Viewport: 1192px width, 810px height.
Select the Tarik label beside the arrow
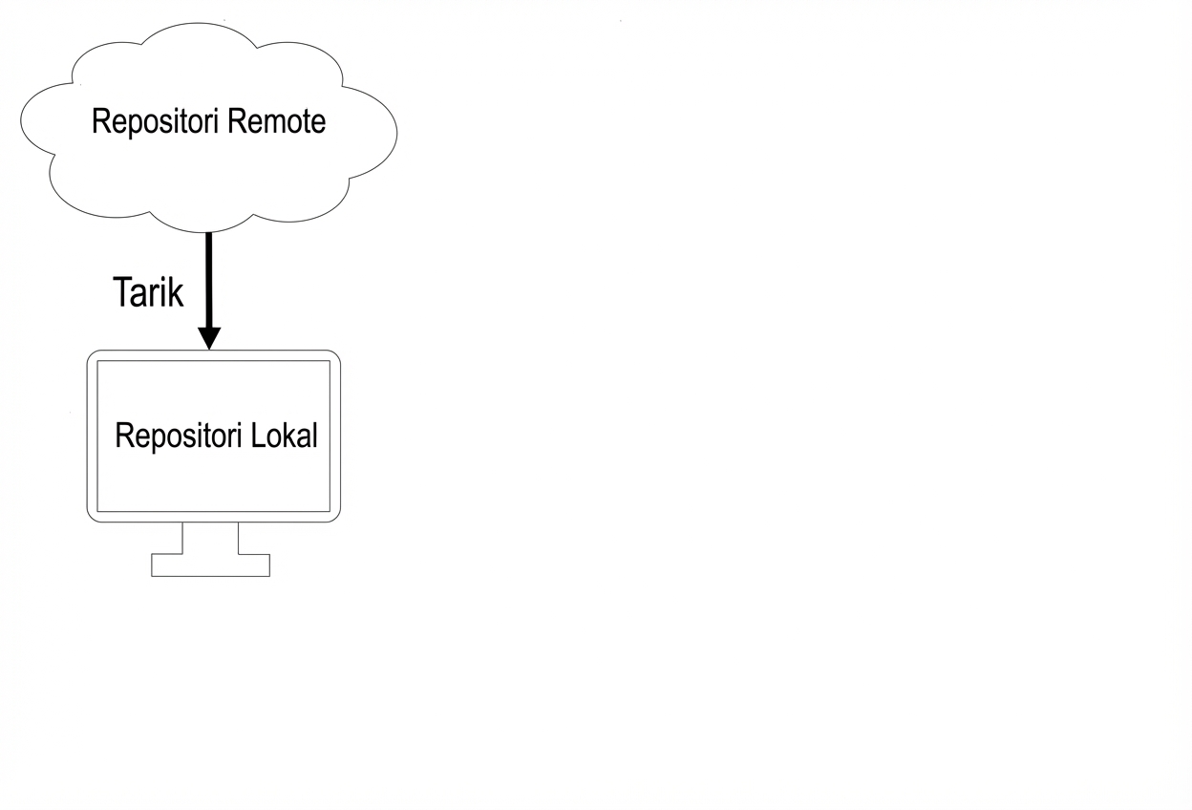pyautogui.click(x=148, y=291)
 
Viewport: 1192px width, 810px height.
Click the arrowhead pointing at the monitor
pyautogui.click(x=209, y=338)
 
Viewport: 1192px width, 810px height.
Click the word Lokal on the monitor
pyautogui.click(x=284, y=436)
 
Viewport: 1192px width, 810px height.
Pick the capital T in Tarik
pyautogui.click(x=122, y=291)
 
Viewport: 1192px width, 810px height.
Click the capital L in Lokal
pyautogui.click(x=258, y=436)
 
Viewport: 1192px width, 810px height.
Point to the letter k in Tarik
pyautogui.click(x=175, y=291)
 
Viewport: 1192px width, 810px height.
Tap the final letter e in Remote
pyautogui.click(x=318, y=124)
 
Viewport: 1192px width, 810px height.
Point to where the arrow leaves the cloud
pyautogui.click(x=209, y=234)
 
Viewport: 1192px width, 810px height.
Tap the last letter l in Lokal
pyautogui.click(x=313, y=436)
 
